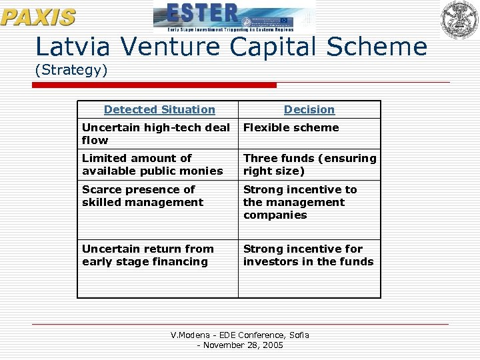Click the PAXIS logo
38,16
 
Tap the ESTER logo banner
234,17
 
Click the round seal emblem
459,19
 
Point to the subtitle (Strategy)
71,69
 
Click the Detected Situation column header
159,109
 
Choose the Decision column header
309,109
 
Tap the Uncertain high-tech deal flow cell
156,134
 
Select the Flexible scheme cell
291,128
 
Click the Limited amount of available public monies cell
153,165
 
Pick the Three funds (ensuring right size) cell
309,165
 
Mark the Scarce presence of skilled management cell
143,196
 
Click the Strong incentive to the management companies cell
300,202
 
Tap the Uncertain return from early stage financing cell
148,255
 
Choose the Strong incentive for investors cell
308,255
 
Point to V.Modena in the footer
191,335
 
